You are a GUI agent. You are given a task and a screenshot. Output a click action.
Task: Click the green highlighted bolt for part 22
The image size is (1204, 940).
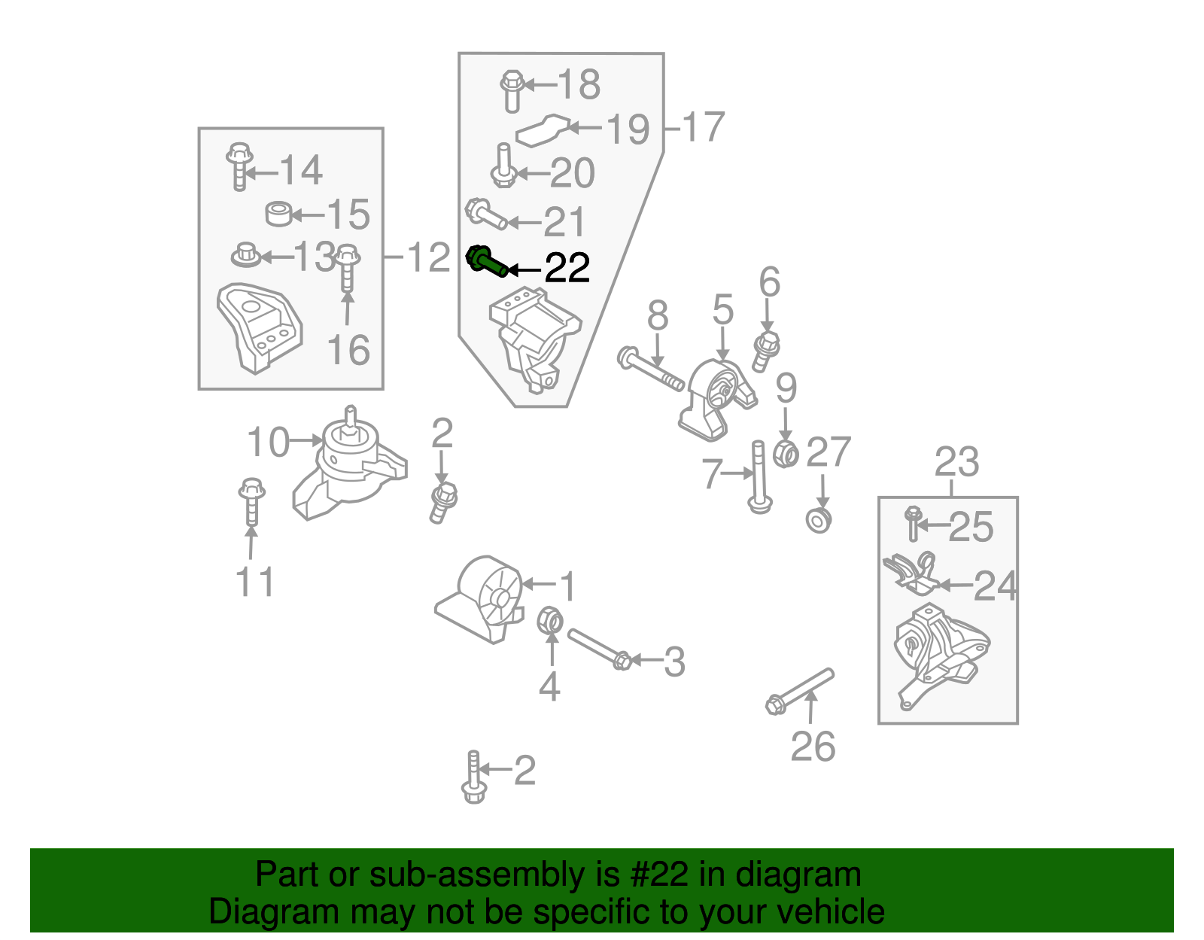[487, 263]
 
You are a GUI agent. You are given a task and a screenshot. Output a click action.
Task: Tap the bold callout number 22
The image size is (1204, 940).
[567, 269]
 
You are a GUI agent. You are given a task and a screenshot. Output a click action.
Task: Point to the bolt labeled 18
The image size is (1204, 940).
[512, 90]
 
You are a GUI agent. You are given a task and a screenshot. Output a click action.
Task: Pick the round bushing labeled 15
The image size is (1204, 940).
[279, 214]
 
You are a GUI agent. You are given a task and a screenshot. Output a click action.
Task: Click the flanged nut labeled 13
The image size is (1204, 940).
[245, 255]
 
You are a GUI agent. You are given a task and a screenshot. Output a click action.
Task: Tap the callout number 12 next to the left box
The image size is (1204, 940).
[428, 258]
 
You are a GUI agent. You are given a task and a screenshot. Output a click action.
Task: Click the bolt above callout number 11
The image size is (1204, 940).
[251, 500]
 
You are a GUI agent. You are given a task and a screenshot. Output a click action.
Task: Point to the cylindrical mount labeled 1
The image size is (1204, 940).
[482, 598]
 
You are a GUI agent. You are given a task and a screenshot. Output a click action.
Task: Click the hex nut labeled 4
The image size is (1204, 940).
[549, 621]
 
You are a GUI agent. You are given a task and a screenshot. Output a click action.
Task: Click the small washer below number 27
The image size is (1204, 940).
[819, 520]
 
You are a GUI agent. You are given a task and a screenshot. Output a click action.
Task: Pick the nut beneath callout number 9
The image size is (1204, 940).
[786, 453]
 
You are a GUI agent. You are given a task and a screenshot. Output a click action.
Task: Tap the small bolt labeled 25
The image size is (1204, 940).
[914, 523]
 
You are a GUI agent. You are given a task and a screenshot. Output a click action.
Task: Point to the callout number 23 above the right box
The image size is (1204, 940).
[956, 462]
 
